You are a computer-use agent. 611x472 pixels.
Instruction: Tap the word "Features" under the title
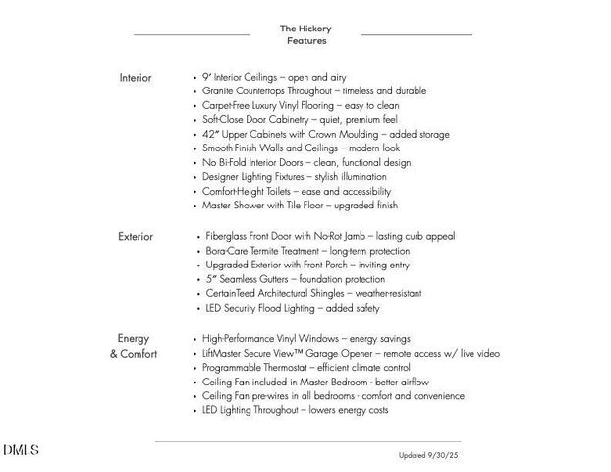point(306,41)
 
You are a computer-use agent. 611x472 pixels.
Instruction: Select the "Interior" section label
point(136,77)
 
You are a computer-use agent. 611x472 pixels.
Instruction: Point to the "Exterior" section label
point(136,237)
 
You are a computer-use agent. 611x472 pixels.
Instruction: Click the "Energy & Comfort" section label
point(134,346)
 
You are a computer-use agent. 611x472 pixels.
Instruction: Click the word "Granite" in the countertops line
point(221,90)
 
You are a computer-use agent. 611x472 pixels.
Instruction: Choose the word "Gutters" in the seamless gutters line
point(277,279)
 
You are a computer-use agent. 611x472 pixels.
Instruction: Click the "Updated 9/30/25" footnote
point(429,455)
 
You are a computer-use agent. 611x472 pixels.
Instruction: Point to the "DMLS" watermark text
point(21,450)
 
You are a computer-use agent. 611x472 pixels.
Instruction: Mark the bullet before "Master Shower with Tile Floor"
point(195,206)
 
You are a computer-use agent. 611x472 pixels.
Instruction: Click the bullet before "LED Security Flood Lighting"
point(198,309)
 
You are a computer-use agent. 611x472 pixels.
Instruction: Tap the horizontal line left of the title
point(192,35)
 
